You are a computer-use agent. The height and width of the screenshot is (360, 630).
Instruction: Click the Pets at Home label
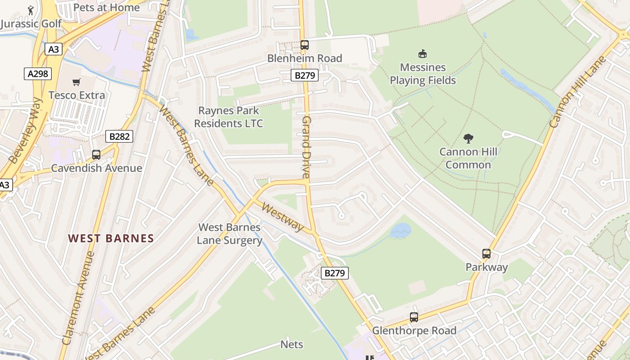[106, 7]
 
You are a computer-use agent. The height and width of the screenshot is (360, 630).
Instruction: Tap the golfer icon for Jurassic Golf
[31, 10]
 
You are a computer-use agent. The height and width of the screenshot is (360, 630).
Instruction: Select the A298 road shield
[38, 73]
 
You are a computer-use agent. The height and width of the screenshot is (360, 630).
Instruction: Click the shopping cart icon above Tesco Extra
[76, 82]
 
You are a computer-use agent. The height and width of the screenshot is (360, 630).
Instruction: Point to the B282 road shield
[119, 136]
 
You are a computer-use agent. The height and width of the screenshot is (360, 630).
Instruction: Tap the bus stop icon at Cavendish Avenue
[96, 155]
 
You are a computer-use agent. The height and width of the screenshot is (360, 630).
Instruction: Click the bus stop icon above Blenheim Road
[305, 45]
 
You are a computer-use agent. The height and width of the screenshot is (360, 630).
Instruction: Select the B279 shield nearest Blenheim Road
[305, 75]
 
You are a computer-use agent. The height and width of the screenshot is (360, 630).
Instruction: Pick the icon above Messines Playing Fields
[423, 54]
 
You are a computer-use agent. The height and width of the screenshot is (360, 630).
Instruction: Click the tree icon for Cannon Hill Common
[468, 138]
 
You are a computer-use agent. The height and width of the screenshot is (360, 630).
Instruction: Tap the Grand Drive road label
[306, 147]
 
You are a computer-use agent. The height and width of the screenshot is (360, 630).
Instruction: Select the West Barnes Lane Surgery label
[229, 234]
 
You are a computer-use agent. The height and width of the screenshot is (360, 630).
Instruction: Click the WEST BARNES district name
[111, 238]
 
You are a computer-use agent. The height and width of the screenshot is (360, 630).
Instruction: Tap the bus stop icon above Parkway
[486, 254]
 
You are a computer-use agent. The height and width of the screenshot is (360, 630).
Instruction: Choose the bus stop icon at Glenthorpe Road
[414, 317]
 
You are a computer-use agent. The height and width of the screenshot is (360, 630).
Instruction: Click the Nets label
[292, 344]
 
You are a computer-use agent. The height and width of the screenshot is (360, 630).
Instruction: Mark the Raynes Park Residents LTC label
[229, 117]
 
